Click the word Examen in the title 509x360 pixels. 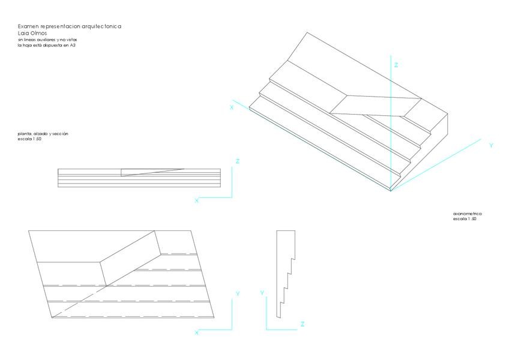pyautogui.click(x=28, y=27)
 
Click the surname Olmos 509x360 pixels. pyautogui.click(x=38, y=33)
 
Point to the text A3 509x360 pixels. pyautogui.click(x=73, y=45)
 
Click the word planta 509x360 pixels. pyautogui.click(x=25, y=133)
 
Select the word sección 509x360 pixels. pyautogui.click(x=59, y=133)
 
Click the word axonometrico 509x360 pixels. pyautogui.click(x=468, y=214)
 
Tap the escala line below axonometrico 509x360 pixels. pyautogui.click(x=465, y=219)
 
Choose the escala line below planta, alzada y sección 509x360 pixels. pyautogui.click(x=29, y=139)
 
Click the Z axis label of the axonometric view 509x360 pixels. pyautogui.click(x=397, y=64)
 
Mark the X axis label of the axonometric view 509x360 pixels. pyautogui.click(x=231, y=107)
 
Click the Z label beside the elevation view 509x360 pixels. pyautogui.click(x=238, y=161)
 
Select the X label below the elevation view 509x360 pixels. pyautogui.click(x=196, y=201)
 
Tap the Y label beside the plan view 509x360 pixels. pyautogui.click(x=238, y=294)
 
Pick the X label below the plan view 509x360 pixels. pyautogui.click(x=196, y=332)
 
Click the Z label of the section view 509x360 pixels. pyautogui.click(x=302, y=324)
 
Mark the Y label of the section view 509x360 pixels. pyautogui.click(x=262, y=292)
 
